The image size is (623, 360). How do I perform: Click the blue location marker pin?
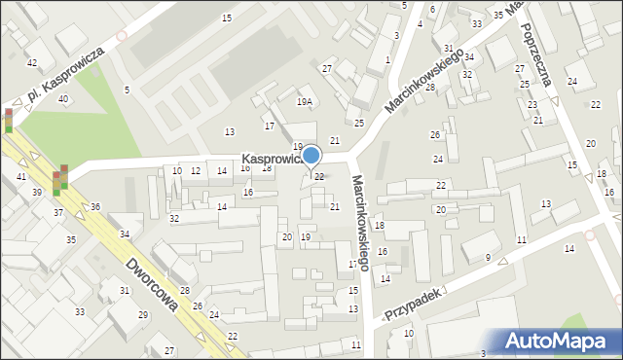click(311, 156)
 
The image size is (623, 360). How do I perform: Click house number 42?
click(32, 62)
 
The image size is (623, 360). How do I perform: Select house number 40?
click(63, 99)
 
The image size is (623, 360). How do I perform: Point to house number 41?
click(21, 176)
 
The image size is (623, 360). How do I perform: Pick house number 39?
click(37, 193)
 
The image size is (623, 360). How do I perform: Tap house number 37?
click(58, 212)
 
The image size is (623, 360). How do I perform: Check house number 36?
click(95, 206)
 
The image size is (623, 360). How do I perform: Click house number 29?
click(142, 314)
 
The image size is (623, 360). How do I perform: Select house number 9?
click(488, 257)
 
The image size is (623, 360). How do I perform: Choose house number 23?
click(531, 104)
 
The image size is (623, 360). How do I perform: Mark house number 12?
click(196, 171)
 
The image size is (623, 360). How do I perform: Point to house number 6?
click(432, 10)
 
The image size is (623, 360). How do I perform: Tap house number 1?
click(387, 59)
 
